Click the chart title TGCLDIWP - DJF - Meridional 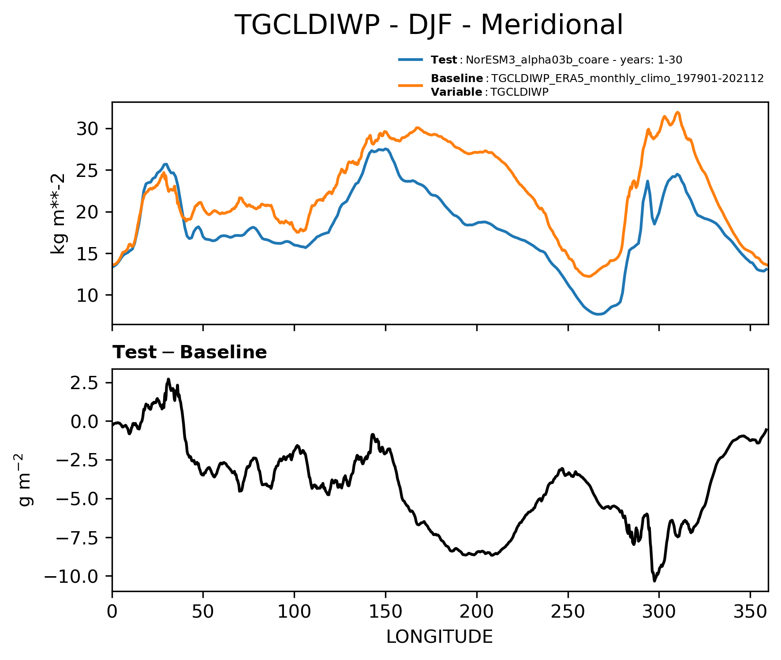pyautogui.click(x=428, y=25)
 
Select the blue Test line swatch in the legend pyautogui.click(x=411, y=60)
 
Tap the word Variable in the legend pyautogui.click(x=456, y=92)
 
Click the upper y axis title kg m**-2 pyautogui.click(x=58, y=214)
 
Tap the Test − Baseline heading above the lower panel pyautogui.click(x=190, y=352)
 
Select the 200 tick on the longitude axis pyautogui.click(x=477, y=612)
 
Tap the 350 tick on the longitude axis pyautogui.click(x=750, y=612)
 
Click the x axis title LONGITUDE pyautogui.click(x=439, y=637)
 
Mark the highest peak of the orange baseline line pyautogui.click(x=678, y=112)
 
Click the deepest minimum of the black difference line pyautogui.click(x=654, y=581)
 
